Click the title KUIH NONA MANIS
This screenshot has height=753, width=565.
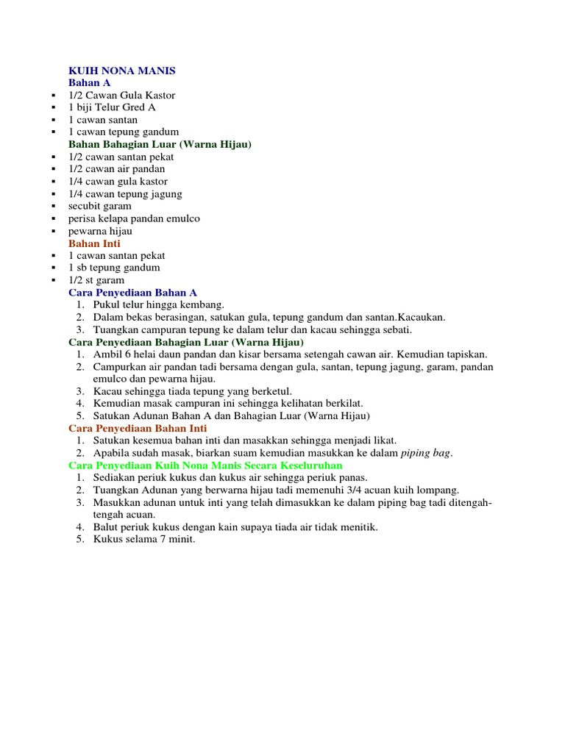click(x=121, y=71)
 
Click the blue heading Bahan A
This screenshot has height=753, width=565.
click(x=89, y=83)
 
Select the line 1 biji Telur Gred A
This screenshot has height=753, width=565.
click(x=112, y=107)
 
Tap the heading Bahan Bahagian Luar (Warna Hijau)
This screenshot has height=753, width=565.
click(x=160, y=145)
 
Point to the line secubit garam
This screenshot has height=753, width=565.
click(x=99, y=206)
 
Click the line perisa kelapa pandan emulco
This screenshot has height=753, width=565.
click(x=134, y=218)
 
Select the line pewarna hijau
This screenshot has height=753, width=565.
click(x=100, y=231)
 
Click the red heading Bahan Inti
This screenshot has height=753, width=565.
click(x=94, y=243)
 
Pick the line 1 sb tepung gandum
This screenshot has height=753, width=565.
click(x=114, y=268)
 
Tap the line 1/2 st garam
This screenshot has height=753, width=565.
click(x=96, y=280)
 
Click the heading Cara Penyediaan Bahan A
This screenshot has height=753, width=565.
click(x=132, y=293)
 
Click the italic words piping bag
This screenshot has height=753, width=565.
click(x=426, y=453)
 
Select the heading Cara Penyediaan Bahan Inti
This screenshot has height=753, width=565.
click(x=138, y=428)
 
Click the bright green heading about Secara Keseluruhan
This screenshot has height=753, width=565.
click(x=205, y=465)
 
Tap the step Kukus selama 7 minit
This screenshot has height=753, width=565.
click(x=144, y=540)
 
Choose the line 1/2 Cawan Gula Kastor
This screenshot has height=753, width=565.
click(x=121, y=96)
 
